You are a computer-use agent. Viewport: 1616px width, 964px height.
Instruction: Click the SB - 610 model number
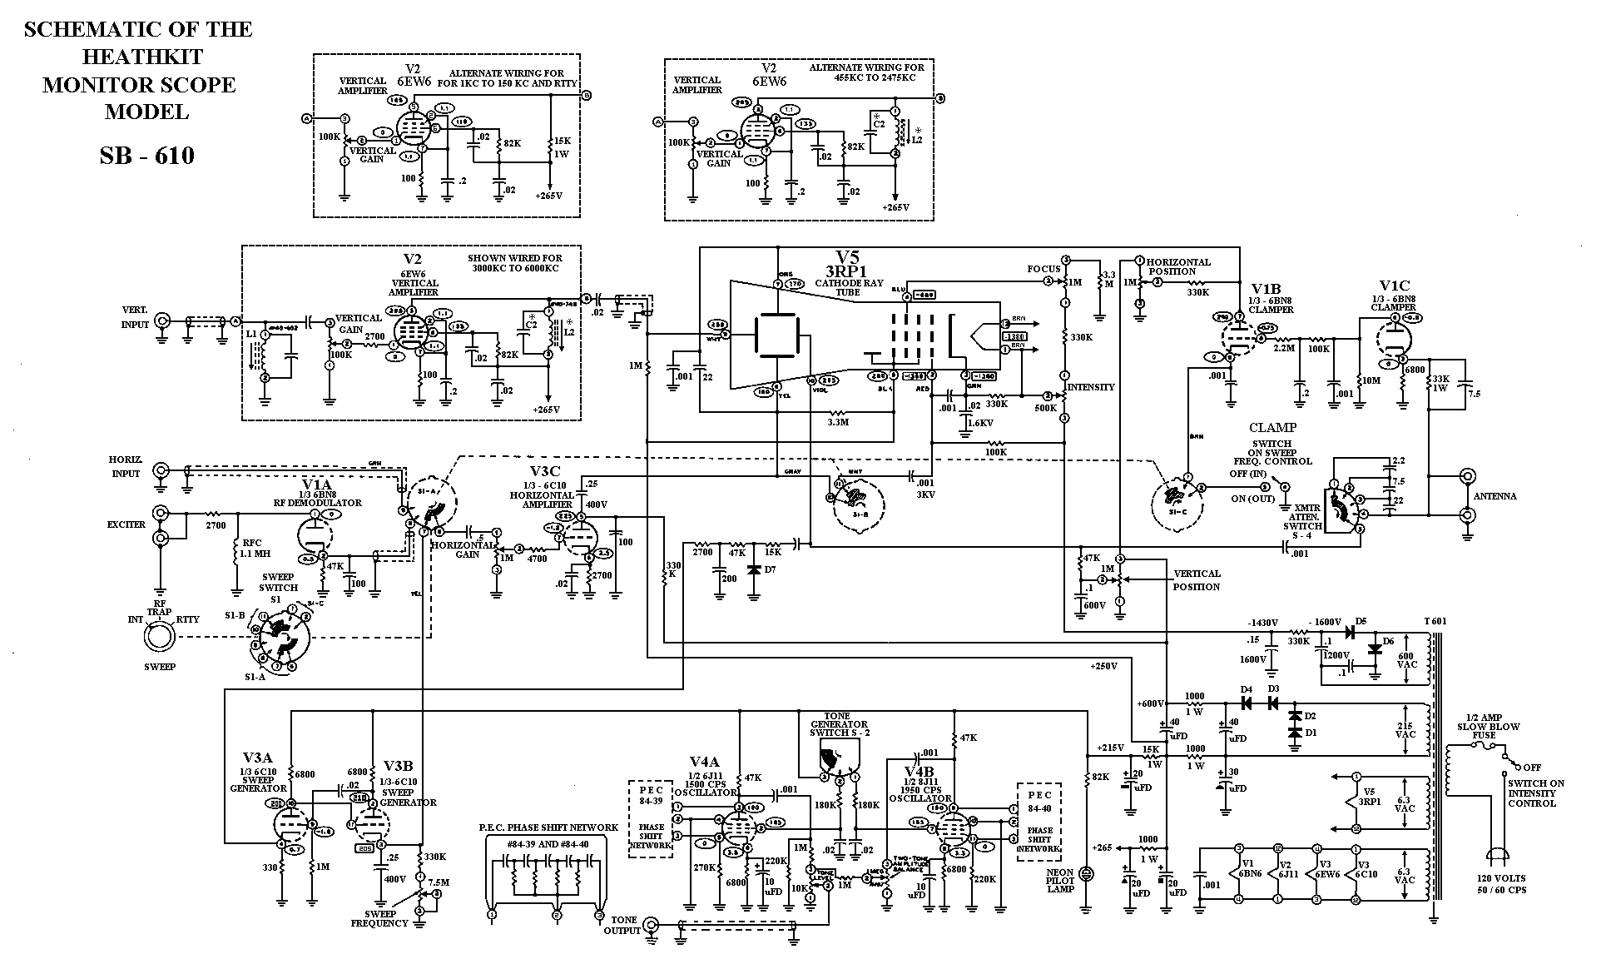point(146,156)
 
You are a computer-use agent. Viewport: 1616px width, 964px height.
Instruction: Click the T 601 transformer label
point(1436,621)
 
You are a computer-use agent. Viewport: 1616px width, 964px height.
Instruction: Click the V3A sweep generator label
point(257,758)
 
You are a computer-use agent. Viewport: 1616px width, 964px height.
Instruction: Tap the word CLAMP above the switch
point(1272,428)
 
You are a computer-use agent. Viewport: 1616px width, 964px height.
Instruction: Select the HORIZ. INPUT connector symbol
point(161,471)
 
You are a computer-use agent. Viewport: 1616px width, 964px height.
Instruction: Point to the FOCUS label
point(1043,269)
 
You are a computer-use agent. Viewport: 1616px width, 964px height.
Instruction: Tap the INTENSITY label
point(1091,386)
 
